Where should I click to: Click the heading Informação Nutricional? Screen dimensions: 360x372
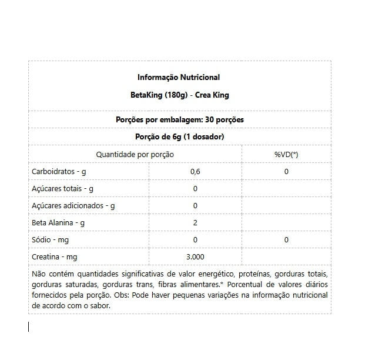coord(179,77)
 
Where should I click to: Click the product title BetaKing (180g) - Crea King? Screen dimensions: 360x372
coord(179,94)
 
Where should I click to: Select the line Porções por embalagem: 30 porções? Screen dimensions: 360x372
coord(179,119)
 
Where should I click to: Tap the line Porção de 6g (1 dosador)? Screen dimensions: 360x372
coord(179,136)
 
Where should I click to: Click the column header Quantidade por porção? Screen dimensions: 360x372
coord(135,154)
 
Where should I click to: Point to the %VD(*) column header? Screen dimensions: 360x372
coord(286,154)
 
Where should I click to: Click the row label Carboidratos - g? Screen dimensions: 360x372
coord(58,171)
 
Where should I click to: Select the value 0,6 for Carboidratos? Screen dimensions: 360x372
coord(195,171)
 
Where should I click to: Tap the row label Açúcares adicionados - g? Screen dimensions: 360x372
coord(73,206)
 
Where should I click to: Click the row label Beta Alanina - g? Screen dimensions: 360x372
coord(58,223)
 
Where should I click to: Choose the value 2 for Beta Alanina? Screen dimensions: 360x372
coord(195,223)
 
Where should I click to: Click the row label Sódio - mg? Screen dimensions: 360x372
coord(49,240)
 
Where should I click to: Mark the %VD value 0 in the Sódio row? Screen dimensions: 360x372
coord(286,240)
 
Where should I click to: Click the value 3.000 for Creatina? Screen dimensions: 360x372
coord(195,257)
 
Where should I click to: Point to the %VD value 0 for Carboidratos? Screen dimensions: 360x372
coord(286,171)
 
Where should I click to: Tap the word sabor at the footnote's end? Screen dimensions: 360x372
coord(99,306)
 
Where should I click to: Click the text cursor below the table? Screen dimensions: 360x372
coord(29,326)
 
